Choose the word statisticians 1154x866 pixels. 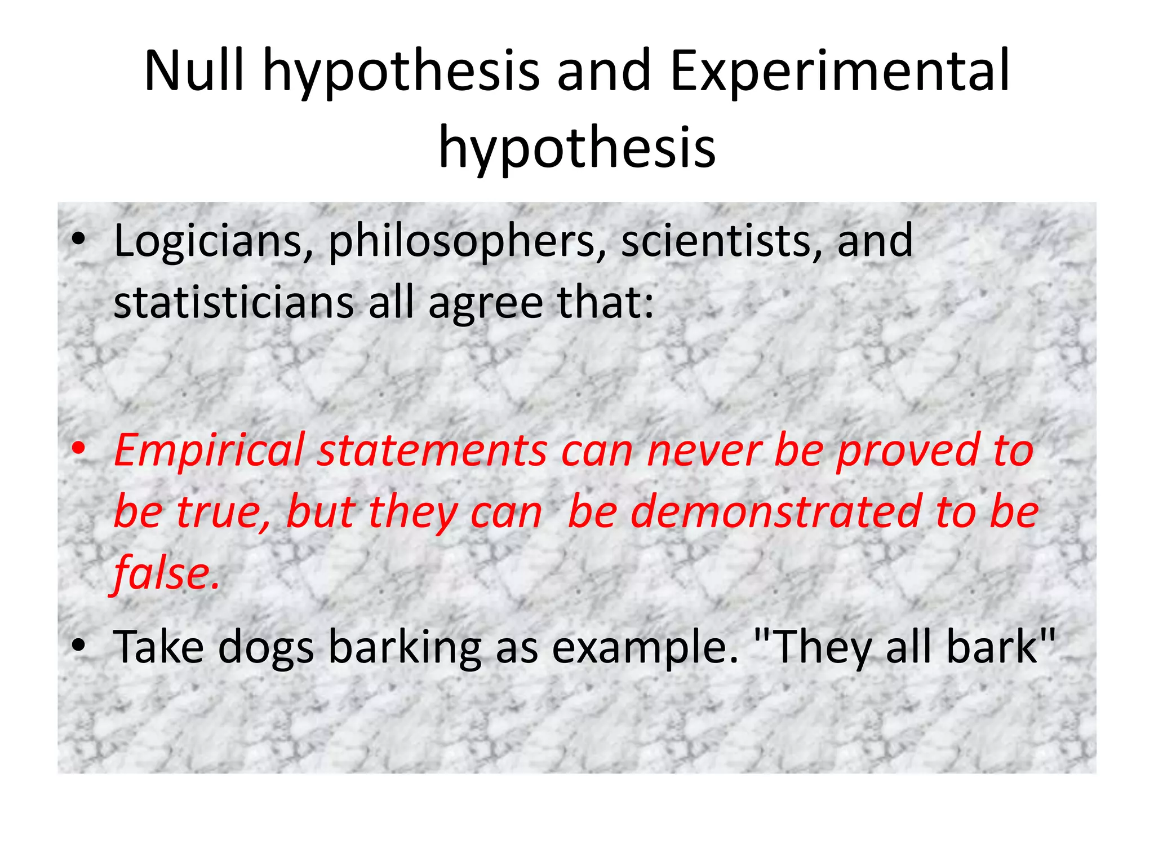tap(233, 303)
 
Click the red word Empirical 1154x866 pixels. tap(208, 451)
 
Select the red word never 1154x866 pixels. tap(704, 451)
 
